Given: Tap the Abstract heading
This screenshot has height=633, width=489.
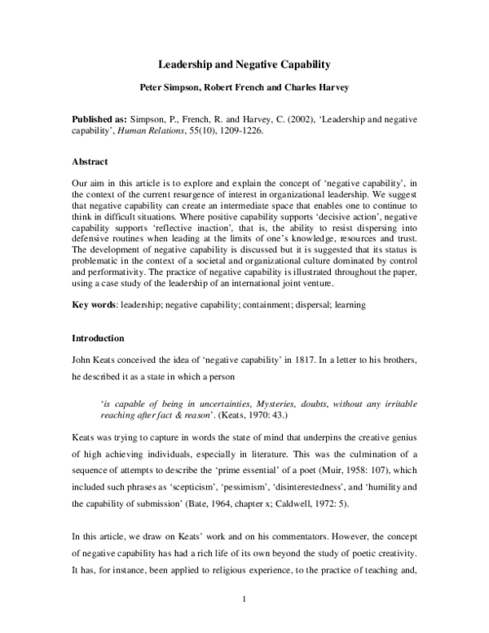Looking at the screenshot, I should coord(89,162).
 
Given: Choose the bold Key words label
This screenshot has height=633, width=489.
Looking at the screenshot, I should coord(90,304).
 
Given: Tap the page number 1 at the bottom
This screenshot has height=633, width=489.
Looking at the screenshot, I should coord(244,601).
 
